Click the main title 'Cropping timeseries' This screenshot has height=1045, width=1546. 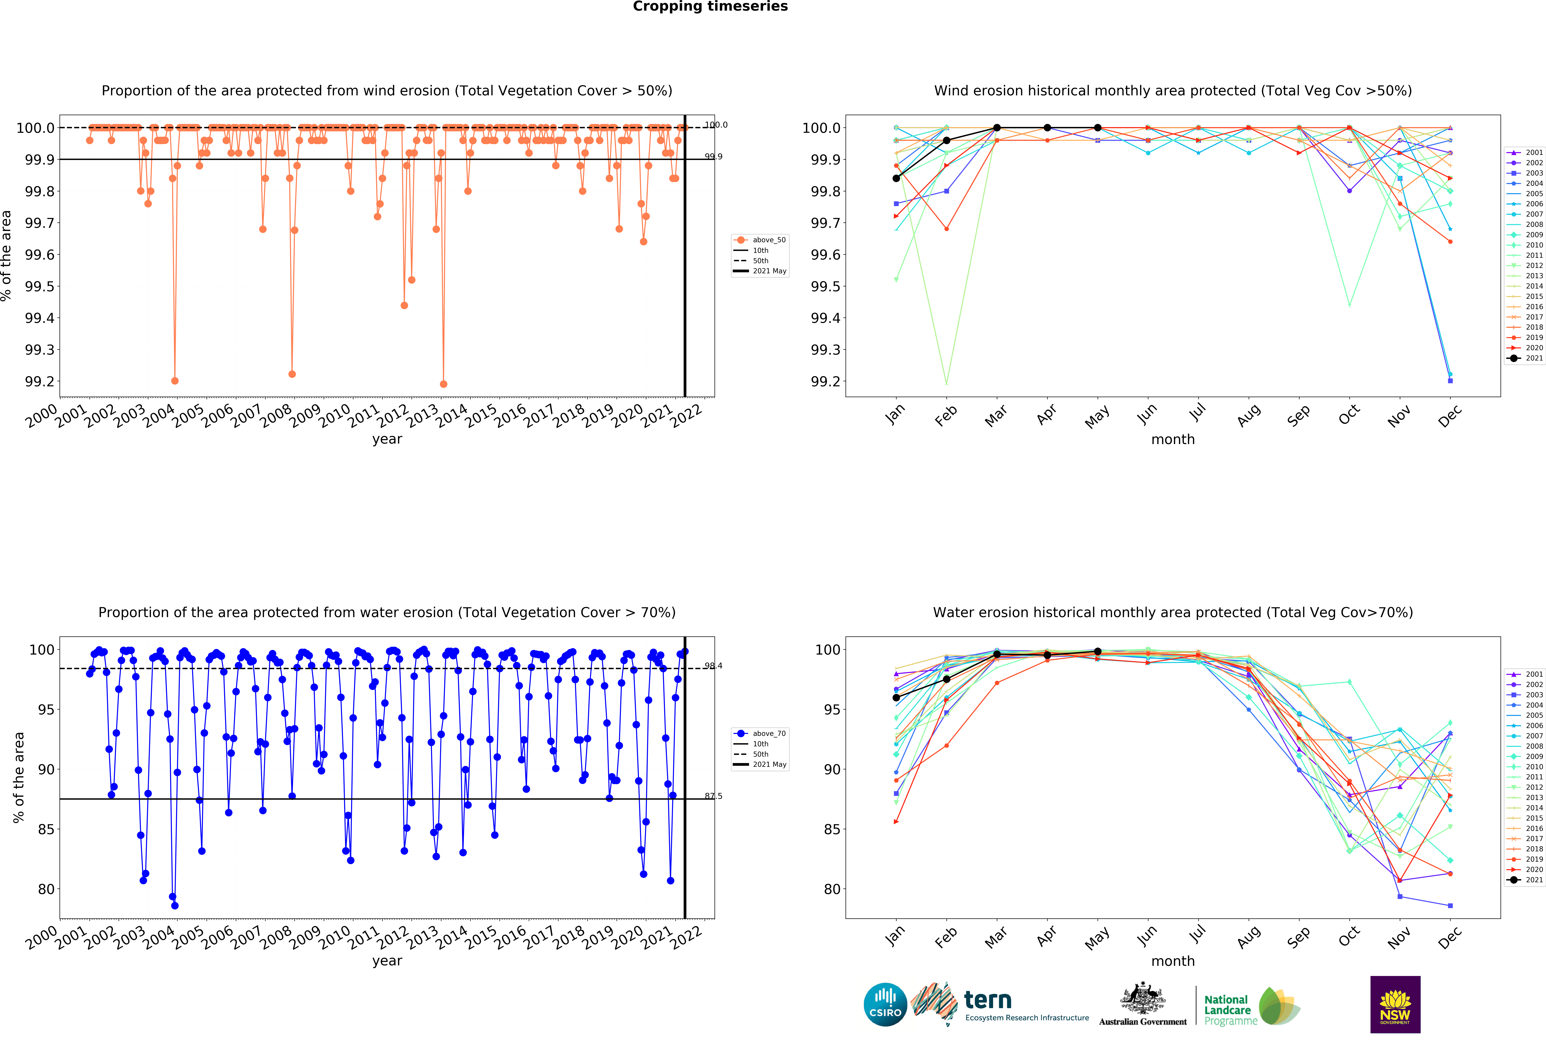tap(710, 7)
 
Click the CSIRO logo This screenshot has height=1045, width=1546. tap(885, 1004)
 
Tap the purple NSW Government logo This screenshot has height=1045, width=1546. tap(1395, 1004)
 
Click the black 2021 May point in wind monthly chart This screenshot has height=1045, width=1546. tap(1098, 128)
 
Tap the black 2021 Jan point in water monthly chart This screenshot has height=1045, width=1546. tap(896, 698)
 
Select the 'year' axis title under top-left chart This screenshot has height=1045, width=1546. tap(387, 439)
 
